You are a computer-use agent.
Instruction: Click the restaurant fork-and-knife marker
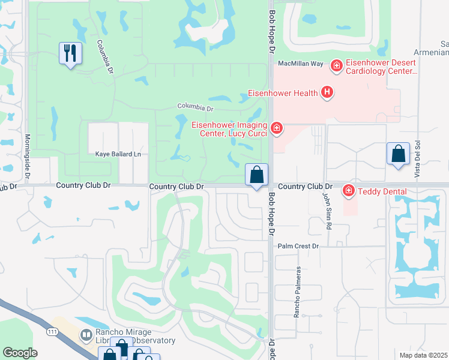(x=70, y=53)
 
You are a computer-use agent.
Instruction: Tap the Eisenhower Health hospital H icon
(x=327, y=92)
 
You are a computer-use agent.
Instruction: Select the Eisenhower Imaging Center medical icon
(x=276, y=128)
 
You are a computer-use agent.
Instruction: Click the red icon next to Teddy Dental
(x=348, y=191)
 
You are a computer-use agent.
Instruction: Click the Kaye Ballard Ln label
(x=118, y=154)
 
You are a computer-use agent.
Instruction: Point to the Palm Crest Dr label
(x=298, y=246)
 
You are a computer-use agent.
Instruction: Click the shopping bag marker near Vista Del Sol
(x=398, y=154)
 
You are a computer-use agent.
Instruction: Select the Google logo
(x=20, y=353)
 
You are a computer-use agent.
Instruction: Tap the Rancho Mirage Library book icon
(x=86, y=334)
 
